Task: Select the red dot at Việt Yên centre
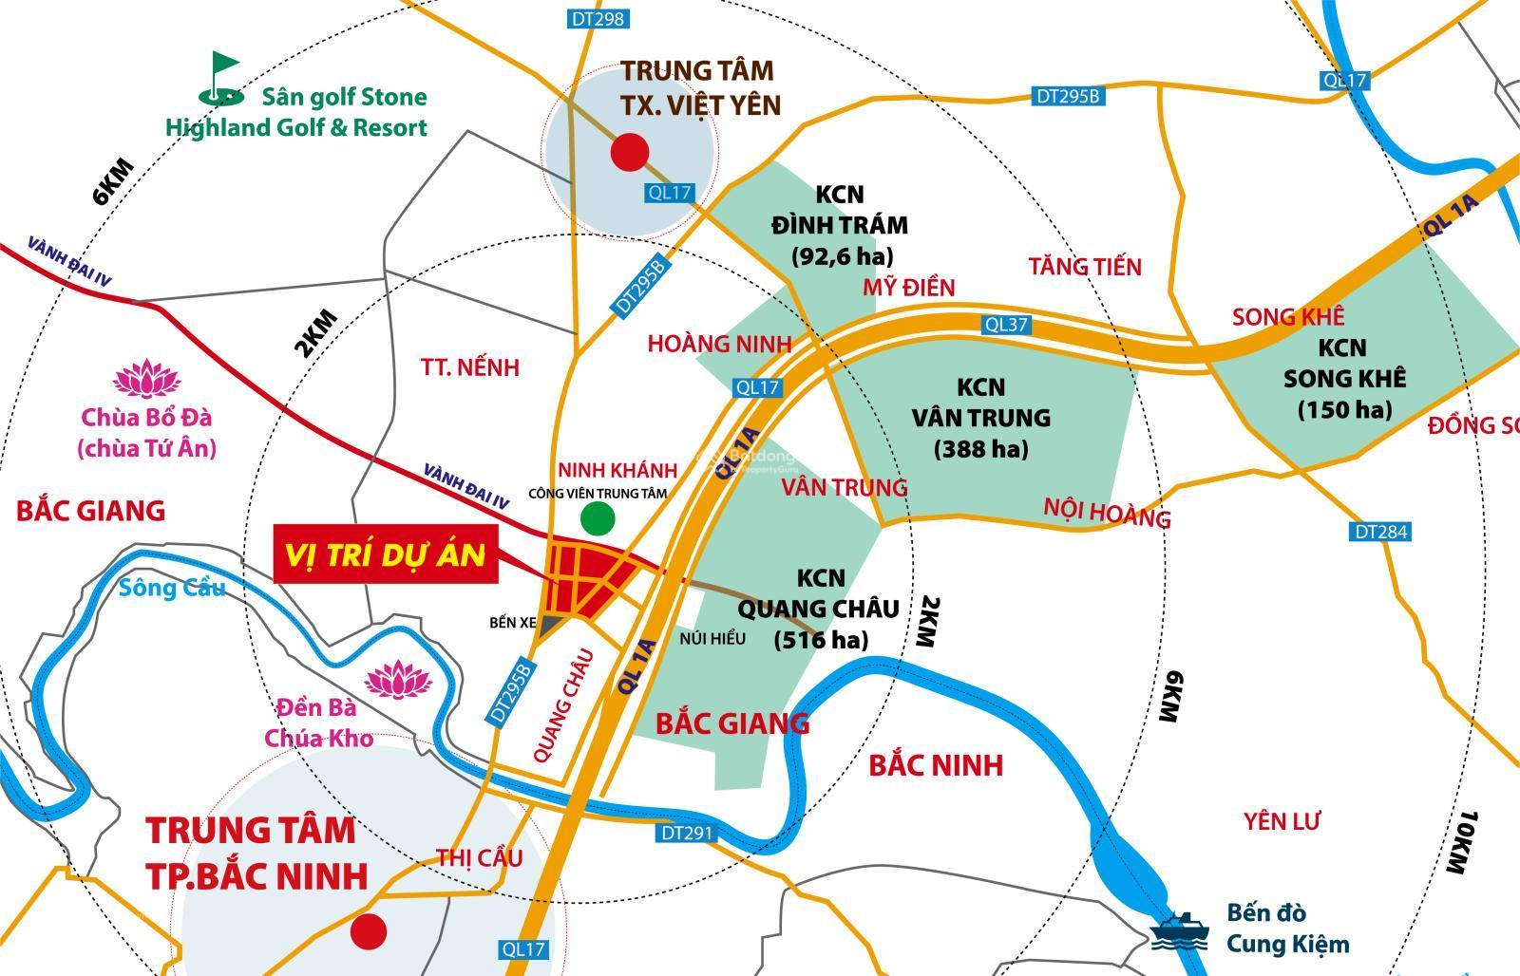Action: click(629, 152)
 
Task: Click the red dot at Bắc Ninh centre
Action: click(368, 932)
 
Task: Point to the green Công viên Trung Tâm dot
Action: click(598, 518)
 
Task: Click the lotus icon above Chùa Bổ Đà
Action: click(147, 380)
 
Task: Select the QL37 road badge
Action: click(1006, 325)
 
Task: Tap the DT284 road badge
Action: click(1378, 532)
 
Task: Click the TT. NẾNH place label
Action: click(470, 367)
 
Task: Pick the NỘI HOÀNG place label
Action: click(1107, 513)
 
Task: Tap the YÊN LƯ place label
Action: click(1282, 821)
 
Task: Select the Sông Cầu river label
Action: click(173, 589)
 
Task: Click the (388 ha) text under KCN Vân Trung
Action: click(980, 449)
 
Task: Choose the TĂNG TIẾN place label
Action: click(1084, 267)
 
